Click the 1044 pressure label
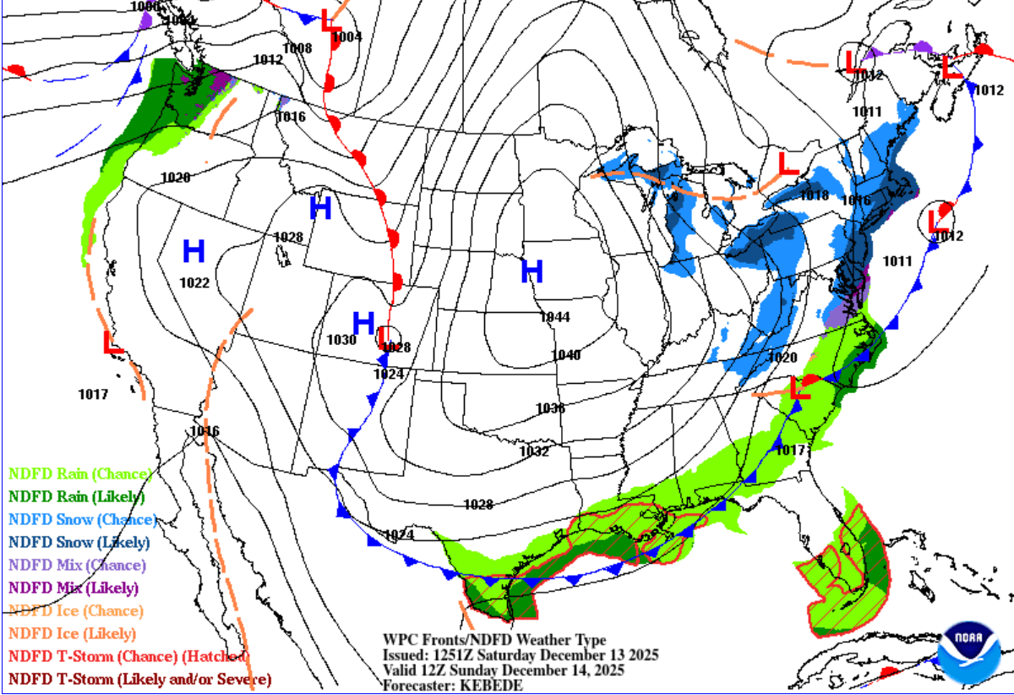(x=555, y=317)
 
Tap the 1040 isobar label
(x=565, y=355)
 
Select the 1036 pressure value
(x=550, y=408)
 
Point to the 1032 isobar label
(x=534, y=451)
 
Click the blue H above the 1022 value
(x=194, y=250)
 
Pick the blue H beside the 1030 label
(x=363, y=322)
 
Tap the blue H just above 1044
(x=532, y=271)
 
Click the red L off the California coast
(x=112, y=342)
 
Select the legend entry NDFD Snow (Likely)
(x=79, y=542)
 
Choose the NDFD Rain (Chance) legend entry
(x=79, y=473)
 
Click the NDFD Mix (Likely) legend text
(x=74, y=588)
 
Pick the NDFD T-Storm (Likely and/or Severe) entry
(x=139, y=679)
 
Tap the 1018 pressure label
(x=814, y=196)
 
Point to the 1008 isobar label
(x=297, y=48)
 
